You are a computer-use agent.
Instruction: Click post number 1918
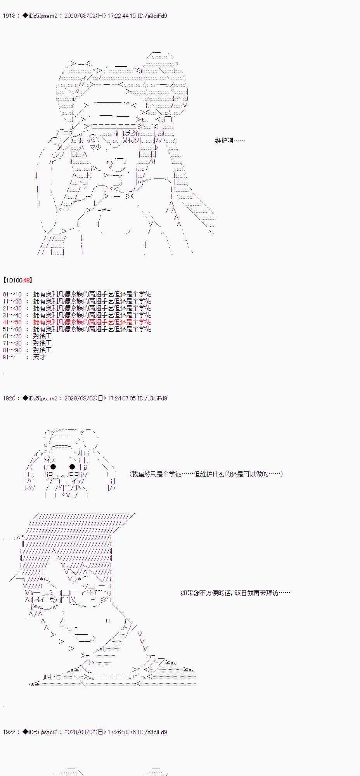(x=9, y=16)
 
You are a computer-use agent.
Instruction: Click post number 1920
(x=9, y=398)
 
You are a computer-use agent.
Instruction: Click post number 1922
(x=9, y=732)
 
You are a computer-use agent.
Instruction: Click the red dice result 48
(x=27, y=280)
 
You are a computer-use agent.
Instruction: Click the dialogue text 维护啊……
(x=230, y=140)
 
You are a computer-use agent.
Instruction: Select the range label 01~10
(x=12, y=294)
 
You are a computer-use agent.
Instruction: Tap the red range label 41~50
(x=12, y=322)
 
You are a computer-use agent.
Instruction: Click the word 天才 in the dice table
(x=40, y=357)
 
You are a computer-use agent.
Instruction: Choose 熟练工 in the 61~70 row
(x=42, y=336)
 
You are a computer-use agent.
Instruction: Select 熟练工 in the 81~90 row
(x=42, y=350)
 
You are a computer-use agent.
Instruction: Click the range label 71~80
(x=12, y=343)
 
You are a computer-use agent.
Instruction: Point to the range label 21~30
(x=12, y=308)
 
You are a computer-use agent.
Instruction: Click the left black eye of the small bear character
(x=54, y=467)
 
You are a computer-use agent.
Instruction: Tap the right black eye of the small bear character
(x=72, y=467)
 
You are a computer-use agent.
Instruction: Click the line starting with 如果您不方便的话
(x=235, y=593)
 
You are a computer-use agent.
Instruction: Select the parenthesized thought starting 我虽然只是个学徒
(x=206, y=474)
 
